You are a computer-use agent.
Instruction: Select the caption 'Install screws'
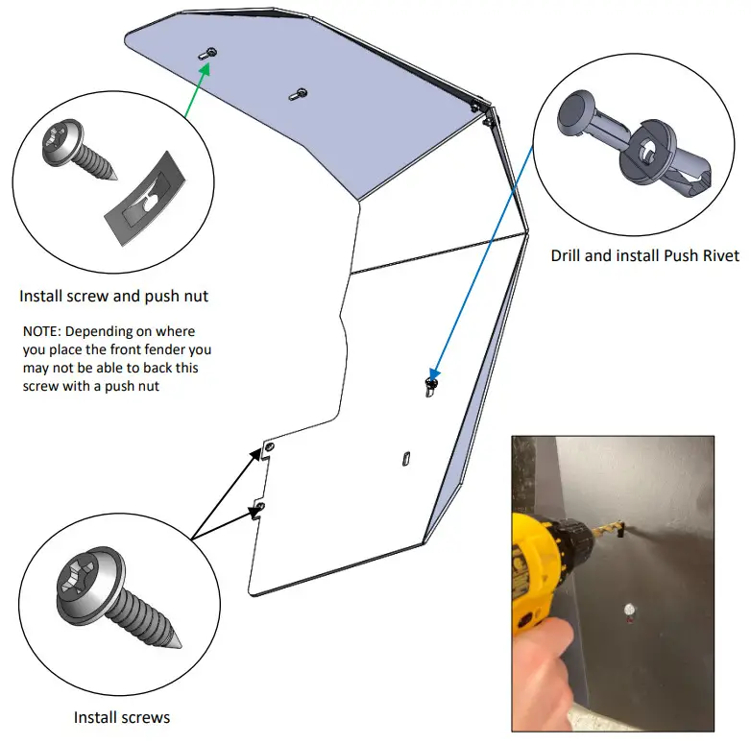tap(122, 717)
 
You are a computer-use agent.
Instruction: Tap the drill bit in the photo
tap(611, 526)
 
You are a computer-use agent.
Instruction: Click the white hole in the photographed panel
tap(630, 609)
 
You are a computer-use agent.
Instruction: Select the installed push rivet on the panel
tap(429, 385)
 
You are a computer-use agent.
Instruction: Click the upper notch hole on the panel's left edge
tap(270, 447)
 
